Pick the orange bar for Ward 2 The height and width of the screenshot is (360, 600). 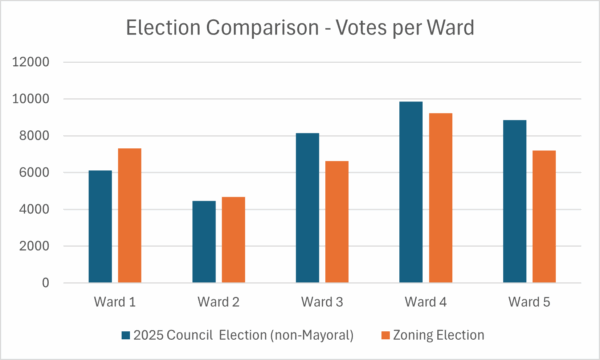(233, 240)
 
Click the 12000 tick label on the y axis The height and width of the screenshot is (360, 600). (30, 62)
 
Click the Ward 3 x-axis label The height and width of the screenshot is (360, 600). (322, 301)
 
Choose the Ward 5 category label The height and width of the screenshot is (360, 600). (529, 301)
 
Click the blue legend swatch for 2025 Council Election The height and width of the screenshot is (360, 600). (126, 334)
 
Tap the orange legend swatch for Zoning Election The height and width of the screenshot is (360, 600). (384, 334)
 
